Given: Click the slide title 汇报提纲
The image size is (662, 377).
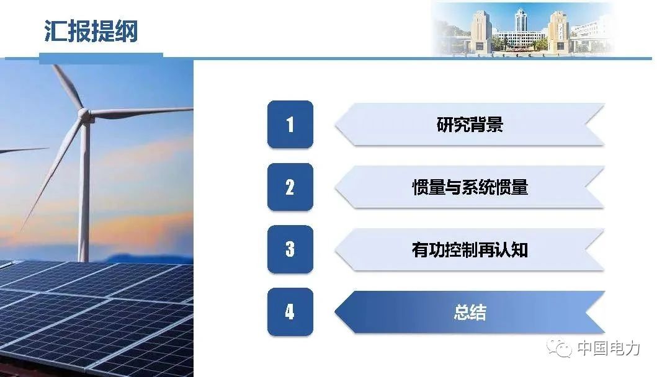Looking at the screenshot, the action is tap(91, 31).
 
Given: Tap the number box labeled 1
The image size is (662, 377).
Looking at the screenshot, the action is tap(290, 125).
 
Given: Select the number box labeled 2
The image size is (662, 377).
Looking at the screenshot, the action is tap(290, 187).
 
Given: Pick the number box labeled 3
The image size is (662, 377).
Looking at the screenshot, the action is tap(290, 249).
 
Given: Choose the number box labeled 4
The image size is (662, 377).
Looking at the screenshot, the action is tap(290, 311).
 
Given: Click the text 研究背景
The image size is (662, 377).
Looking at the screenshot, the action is tap(470, 125).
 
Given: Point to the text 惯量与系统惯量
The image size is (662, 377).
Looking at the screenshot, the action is tap(470, 187).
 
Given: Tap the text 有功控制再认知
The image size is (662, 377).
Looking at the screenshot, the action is tap(470, 249).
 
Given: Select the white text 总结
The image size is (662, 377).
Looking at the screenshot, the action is tap(470, 313).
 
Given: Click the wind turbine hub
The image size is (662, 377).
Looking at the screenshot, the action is tap(86, 114).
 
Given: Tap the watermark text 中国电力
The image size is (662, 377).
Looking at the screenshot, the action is tap(609, 348).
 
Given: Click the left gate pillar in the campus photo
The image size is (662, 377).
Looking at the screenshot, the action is tap(480, 32).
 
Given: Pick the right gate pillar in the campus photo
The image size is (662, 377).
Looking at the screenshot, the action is tap(558, 32).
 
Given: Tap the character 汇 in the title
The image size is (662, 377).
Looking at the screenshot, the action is tap(55, 31).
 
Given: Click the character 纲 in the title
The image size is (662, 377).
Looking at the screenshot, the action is tap(126, 31).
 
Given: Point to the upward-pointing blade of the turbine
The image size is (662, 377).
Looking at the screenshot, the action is tap(68, 86).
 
